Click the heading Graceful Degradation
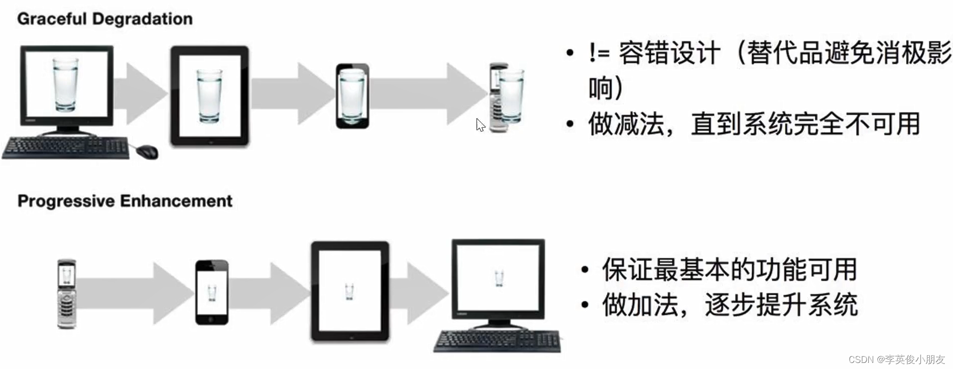tap(104, 19)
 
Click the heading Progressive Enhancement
tap(125, 201)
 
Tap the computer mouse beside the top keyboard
tap(147, 150)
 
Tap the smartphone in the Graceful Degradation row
tap(352, 96)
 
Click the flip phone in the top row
tap(499, 98)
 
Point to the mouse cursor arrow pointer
tap(480, 124)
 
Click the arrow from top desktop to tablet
tap(141, 93)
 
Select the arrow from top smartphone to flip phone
tap(429, 94)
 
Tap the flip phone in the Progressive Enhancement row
tap(67, 294)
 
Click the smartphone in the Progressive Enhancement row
tap(212, 293)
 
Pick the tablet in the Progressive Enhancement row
tap(350, 291)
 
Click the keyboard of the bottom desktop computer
tap(497, 341)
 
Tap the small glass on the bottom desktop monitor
tap(499, 278)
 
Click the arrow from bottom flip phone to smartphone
tap(134, 293)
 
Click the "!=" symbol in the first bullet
tap(599, 52)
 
